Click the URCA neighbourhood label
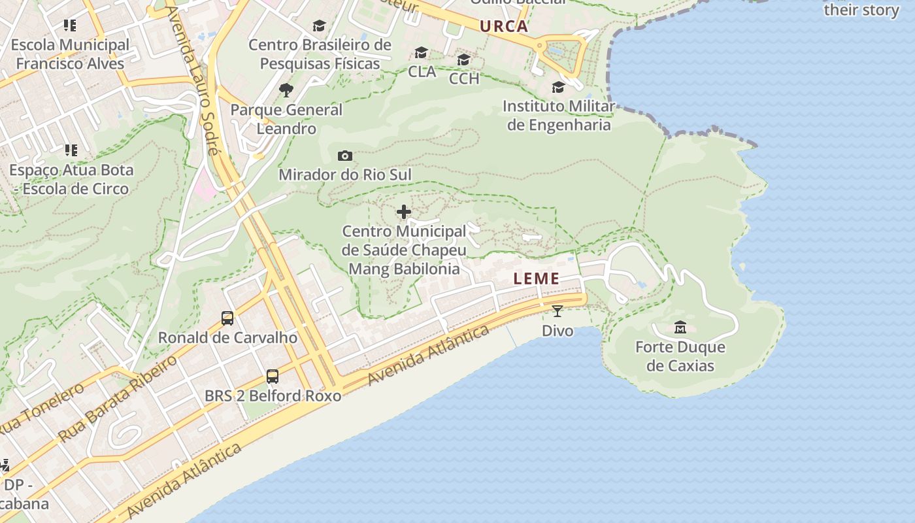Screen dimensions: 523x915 pos(503,26)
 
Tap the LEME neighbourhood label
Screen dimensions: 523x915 pos(537,278)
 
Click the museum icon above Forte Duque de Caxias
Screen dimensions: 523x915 pos(680,327)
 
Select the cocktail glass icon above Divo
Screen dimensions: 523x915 pos(557,311)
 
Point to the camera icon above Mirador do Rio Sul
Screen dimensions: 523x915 pos(345,156)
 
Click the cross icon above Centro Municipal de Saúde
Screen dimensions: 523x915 pos(404,212)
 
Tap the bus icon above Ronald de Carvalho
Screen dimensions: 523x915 pos(227,318)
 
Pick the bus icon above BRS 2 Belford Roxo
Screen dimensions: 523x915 pos(273,377)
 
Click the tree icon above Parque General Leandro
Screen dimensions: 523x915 pos(286,90)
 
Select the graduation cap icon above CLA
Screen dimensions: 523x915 pos(422,52)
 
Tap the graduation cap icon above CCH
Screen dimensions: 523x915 pos(464,59)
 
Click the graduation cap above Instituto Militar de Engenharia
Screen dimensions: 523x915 pos(558,87)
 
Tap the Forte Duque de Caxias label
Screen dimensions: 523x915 pos(680,356)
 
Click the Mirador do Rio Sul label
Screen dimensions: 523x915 pos(345,175)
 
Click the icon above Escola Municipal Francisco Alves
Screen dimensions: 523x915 pos(70,25)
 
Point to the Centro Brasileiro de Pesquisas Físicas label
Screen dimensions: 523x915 pos(320,54)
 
